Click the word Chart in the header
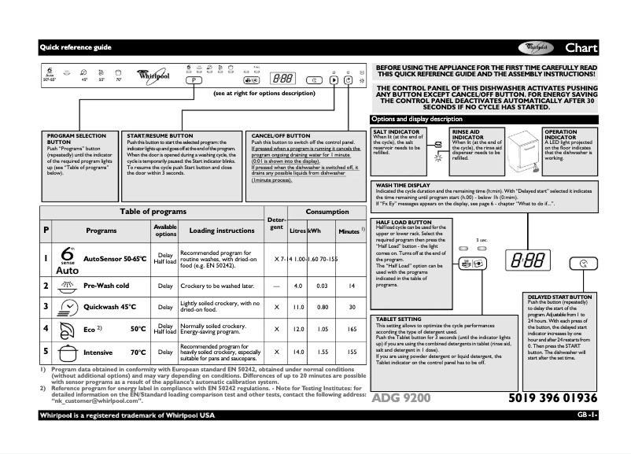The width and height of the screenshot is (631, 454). (x=581, y=48)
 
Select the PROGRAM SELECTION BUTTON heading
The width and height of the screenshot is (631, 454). (x=77, y=138)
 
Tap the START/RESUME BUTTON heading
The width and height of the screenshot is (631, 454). (x=160, y=135)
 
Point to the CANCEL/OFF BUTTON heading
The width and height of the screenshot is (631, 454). (x=280, y=135)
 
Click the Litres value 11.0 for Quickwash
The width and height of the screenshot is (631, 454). (x=298, y=306)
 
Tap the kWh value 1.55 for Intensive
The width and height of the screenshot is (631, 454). (x=322, y=352)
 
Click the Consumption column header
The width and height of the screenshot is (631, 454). (x=327, y=212)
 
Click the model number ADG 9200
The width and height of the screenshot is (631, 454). (x=400, y=398)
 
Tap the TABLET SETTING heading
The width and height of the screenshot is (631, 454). (x=399, y=319)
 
